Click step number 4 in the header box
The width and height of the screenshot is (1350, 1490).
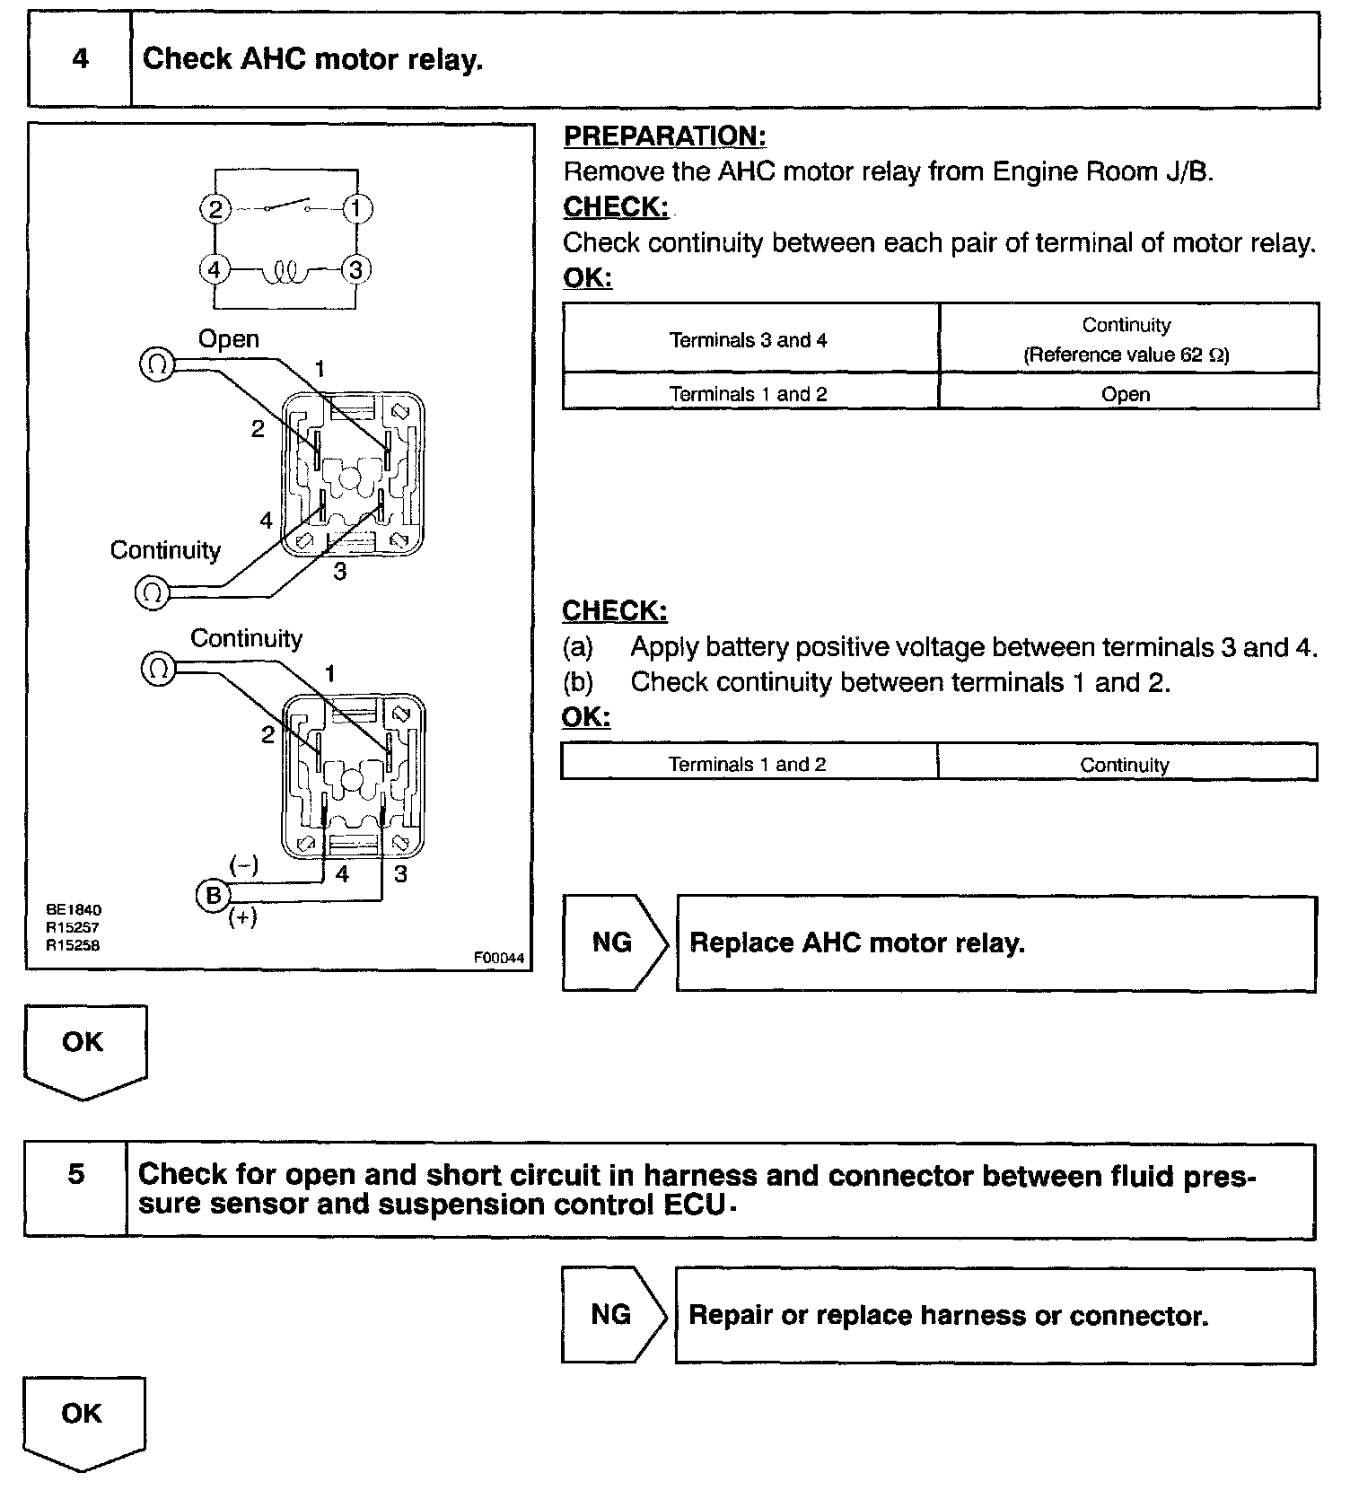81,59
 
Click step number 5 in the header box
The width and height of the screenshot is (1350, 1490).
77,1174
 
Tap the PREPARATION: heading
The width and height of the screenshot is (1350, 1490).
664,136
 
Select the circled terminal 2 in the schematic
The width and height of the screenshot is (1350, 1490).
215,209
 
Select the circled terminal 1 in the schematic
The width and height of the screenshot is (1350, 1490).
356,209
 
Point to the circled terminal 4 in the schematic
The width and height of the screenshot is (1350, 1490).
215,269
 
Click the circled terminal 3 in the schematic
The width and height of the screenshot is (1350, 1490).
356,269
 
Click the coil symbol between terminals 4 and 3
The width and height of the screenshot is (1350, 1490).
285,270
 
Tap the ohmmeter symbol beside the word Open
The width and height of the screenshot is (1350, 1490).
157,364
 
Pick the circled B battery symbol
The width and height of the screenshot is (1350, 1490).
214,895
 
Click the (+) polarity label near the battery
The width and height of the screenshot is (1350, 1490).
242,917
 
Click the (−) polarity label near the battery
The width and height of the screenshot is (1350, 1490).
243,865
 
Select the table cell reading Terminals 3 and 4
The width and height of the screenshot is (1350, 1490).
749,340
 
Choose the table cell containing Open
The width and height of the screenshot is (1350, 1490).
1126,394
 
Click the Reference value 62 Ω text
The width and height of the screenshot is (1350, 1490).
1126,355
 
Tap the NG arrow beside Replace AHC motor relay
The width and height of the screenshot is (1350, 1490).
613,942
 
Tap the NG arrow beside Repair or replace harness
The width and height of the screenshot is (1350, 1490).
612,1314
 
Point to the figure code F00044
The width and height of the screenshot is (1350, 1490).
499,958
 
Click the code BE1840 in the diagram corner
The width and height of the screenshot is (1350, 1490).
75,909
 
